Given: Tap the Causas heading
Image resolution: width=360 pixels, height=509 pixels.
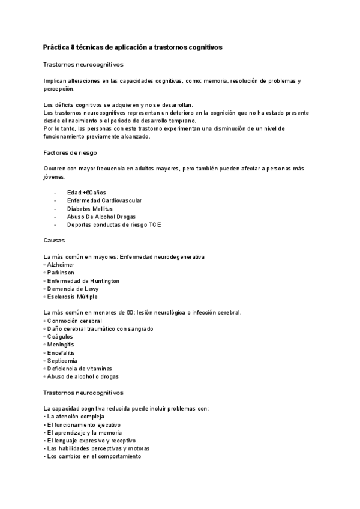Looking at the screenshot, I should coord(54,240).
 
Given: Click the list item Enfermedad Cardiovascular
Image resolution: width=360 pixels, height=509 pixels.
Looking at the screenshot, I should coord(104,200).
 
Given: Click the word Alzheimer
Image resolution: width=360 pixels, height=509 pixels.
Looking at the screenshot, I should coord(60,264).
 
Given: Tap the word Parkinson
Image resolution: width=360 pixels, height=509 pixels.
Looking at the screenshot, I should coord(60,273).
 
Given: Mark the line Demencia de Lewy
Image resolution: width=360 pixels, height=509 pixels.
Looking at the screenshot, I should coord(71,289).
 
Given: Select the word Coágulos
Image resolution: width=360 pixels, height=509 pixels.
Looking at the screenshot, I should coord(60,337).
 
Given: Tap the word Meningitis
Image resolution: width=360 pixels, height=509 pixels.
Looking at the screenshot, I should coord(61,345).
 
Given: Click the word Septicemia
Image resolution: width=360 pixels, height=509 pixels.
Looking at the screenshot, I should coord(62,360).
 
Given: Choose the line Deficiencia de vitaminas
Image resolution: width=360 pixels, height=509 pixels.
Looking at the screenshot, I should coord(80,369).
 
